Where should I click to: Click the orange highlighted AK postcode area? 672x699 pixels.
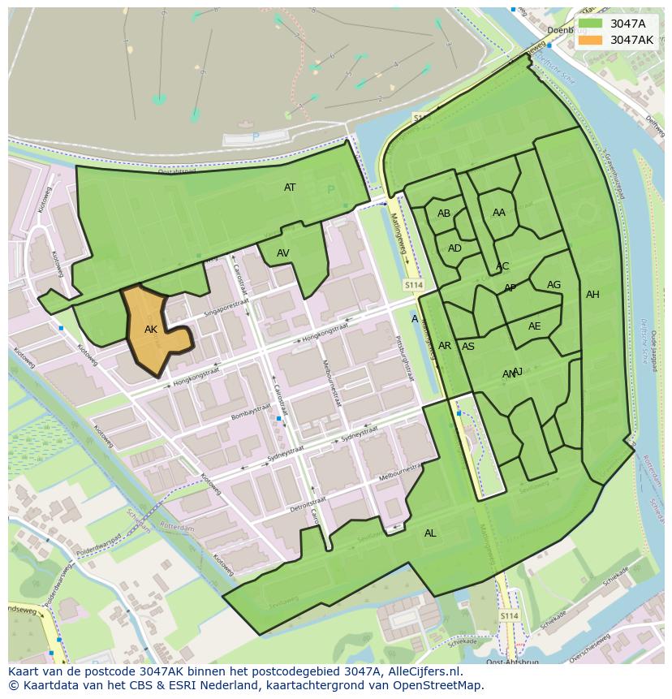[x=154, y=333]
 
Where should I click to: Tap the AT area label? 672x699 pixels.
[x=290, y=188]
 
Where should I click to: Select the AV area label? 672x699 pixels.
[x=283, y=253]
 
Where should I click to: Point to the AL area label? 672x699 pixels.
[x=430, y=533]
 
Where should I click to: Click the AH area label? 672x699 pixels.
[x=592, y=295]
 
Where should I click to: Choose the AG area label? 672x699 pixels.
[x=554, y=285]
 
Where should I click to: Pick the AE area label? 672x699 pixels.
[x=534, y=326]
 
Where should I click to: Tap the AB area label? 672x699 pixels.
[x=444, y=214]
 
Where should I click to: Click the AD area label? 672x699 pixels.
[x=454, y=248]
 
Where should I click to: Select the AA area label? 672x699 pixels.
[x=499, y=213]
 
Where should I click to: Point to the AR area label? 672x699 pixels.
[x=445, y=346]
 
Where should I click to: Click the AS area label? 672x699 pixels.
[x=468, y=347]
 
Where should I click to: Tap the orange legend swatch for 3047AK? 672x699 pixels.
[x=591, y=40]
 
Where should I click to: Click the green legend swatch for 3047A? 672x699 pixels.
[x=591, y=24]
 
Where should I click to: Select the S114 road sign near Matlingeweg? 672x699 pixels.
[x=414, y=285]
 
